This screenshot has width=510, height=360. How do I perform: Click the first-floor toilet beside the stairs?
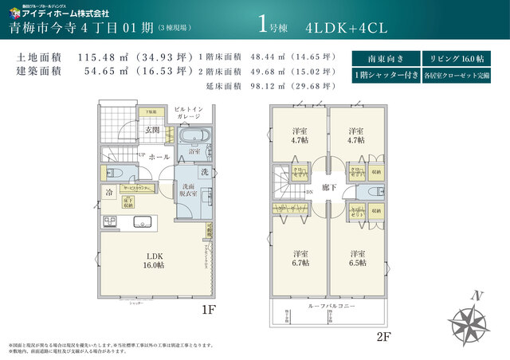112,171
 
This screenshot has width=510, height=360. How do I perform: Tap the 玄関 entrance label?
151,130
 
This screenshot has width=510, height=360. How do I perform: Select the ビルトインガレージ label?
191,112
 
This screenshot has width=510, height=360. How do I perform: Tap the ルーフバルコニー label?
328,305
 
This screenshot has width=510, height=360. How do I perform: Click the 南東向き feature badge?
380,59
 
